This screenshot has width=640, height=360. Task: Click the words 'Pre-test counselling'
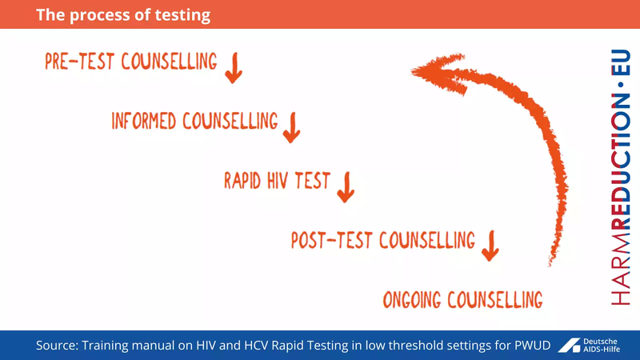click(131, 62)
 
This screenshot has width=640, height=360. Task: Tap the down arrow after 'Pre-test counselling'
click(233, 69)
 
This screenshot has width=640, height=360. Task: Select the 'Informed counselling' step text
click(194, 122)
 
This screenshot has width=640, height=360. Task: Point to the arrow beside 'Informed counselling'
click(291, 127)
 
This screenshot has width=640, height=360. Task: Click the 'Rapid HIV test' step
click(277, 182)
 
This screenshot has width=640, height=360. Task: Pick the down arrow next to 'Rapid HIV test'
click(346, 187)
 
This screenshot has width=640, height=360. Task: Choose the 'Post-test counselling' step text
click(382, 240)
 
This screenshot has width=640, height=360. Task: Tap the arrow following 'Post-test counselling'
click(490, 245)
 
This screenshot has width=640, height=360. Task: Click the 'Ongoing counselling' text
click(462, 300)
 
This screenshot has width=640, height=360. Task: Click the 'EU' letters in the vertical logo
click(619, 63)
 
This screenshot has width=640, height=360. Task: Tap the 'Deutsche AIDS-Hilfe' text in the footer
click(606, 345)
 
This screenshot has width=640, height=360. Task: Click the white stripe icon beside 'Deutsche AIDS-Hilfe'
click(569, 345)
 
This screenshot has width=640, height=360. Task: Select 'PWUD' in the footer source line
click(528, 345)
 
